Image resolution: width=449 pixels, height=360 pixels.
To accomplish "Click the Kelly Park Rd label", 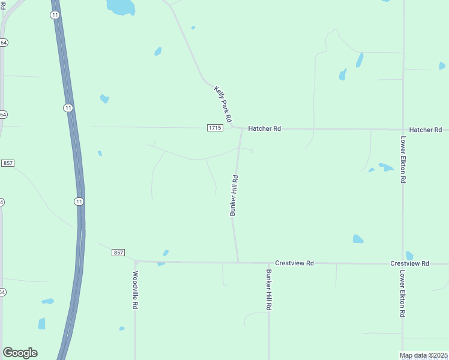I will [x=223, y=104].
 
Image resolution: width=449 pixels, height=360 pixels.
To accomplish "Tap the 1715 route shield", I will [x=215, y=128].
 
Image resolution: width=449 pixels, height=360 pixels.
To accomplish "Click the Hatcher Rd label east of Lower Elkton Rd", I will [x=425, y=130].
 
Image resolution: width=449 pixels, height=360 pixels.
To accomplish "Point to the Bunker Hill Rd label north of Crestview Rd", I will [x=235, y=195].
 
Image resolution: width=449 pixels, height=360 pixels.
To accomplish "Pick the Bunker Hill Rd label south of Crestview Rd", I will [x=269, y=289].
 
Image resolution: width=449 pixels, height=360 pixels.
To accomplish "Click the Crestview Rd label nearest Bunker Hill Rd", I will [x=294, y=263].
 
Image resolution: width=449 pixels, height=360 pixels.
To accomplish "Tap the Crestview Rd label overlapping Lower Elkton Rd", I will [x=409, y=263].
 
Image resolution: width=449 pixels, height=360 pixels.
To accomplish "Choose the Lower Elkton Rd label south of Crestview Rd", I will [x=402, y=294].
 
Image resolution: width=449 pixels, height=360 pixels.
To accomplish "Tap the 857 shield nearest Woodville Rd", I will [x=118, y=253].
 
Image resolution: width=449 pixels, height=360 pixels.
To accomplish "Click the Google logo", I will [x=20, y=353].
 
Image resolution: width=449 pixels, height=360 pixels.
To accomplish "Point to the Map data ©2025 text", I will [x=424, y=355].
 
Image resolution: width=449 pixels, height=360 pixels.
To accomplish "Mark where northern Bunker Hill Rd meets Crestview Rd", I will [x=238, y=262].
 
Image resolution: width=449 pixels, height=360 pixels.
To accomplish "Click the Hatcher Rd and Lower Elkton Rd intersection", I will [x=403, y=130].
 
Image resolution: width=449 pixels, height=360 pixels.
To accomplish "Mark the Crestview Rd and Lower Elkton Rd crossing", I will [x=403, y=263].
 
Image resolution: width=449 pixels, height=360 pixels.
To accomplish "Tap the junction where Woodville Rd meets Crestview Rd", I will [x=136, y=262].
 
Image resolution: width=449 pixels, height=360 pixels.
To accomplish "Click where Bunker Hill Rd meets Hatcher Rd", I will [x=242, y=128].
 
